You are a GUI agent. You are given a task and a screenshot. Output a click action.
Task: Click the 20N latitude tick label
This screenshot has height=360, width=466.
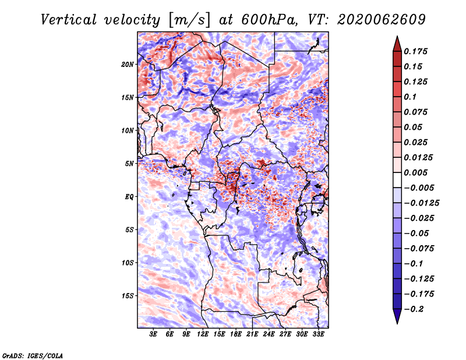pyautogui.click(x=128, y=64)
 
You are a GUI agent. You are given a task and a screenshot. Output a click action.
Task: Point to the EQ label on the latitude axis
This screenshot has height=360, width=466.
pyautogui.click(x=130, y=197)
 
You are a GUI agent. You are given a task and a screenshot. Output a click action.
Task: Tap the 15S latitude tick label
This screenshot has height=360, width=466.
pyautogui.click(x=128, y=296)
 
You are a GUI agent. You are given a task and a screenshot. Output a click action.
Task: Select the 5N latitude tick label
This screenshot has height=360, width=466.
pyautogui.click(x=129, y=164)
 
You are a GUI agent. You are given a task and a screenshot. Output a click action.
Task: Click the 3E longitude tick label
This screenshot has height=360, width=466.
pyautogui.click(x=154, y=334)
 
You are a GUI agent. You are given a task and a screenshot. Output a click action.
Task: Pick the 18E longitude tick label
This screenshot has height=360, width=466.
pyautogui.click(x=236, y=334)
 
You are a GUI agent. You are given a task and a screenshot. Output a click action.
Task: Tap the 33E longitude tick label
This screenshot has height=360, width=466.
pyautogui.click(x=318, y=334)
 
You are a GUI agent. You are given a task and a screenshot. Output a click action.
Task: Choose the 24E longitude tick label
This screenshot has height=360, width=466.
pyautogui.click(x=269, y=334)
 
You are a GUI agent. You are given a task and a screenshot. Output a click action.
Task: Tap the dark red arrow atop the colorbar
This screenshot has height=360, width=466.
pyautogui.click(x=397, y=44)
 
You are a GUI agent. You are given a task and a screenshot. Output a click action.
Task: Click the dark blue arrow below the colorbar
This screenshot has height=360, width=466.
pyautogui.click(x=397, y=317)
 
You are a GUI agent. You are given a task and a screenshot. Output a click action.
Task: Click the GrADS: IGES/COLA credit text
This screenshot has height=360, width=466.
pyautogui.click(x=32, y=355)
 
